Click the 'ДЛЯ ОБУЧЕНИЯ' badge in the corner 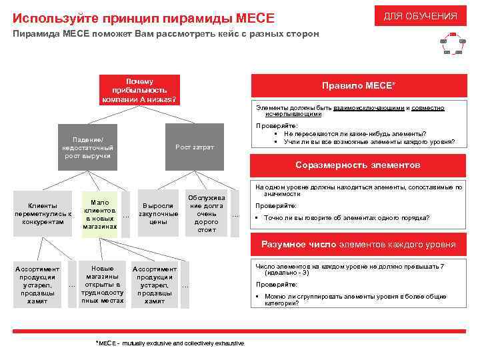[x=420, y=16]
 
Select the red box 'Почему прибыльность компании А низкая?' [x=139, y=90]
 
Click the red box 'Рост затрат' [x=194, y=147]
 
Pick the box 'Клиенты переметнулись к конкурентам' [x=43, y=213]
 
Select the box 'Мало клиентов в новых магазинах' [x=100, y=214]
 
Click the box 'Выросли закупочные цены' [x=158, y=213]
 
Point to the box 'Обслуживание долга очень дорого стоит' [x=207, y=213]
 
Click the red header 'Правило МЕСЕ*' [x=358, y=87]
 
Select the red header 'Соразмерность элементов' [x=358, y=165]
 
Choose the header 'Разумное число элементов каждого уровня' [x=358, y=245]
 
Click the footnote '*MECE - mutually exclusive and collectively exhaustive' [x=171, y=343]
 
